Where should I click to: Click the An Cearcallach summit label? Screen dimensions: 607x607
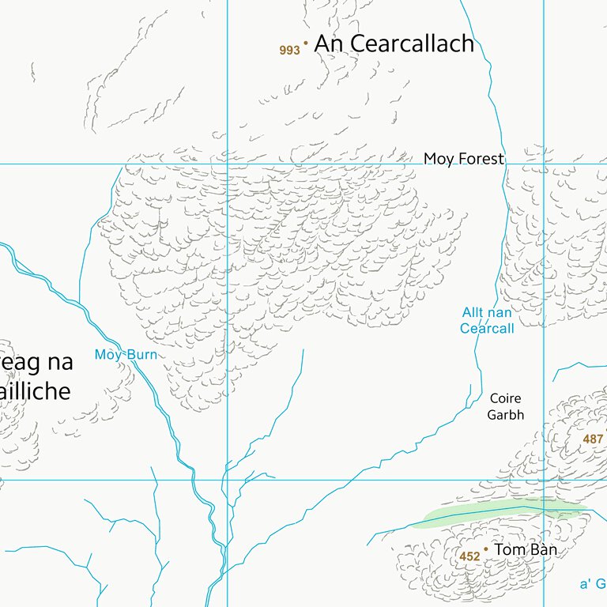pyautogui.click(x=394, y=44)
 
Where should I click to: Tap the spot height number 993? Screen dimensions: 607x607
pyautogui.click(x=289, y=51)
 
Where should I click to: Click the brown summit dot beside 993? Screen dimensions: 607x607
pyautogui.click(x=306, y=43)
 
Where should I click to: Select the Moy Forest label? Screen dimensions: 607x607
pyautogui.click(x=463, y=159)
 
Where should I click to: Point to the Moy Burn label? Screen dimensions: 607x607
pyautogui.click(x=126, y=355)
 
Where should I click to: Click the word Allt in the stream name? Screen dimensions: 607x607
pyautogui.click(x=473, y=313)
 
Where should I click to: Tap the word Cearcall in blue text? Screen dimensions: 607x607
pyautogui.click(x=487, y=329)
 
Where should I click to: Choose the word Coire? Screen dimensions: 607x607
pyautogui.click(x=505, y=398)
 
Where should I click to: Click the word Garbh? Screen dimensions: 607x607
pyautogui.click(x=505, y=414)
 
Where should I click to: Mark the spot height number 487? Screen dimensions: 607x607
pyautogui.click(x=593, y=439)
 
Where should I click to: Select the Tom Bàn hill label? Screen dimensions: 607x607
pyautogui.click(x=526, y=549)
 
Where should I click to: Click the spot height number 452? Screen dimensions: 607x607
pyautogui.click(x=469, y=556)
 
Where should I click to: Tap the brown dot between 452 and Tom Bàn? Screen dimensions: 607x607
pyautogui.click(x=485, y=549)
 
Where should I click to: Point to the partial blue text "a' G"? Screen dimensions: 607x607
pyautogui.click(x=593, y=584)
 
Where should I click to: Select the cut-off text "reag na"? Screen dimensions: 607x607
pyautogui.click(x=36, y=362)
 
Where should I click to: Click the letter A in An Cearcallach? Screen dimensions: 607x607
pyautogui.click(x=324, y=44)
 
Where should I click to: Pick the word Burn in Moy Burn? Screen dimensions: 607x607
pyautogui.click(x=143, y=355)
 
